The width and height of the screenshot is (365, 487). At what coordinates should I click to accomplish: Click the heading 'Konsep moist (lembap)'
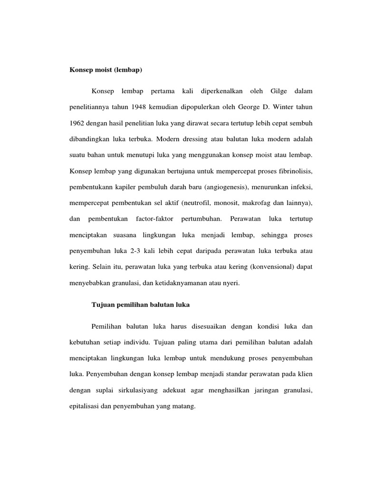(x=106, y=70)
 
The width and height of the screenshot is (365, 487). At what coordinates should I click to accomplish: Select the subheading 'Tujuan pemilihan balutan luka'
(x=140, y=305)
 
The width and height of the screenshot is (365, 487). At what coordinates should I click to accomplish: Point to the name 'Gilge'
(x=279, y=90)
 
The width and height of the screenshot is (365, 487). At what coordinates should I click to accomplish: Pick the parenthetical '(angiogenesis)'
(x=225, y=187)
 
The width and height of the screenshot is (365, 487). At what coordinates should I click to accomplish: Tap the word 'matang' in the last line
(x=185, y=407)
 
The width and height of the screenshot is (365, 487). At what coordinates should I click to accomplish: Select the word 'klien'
(x=304, y=374)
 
